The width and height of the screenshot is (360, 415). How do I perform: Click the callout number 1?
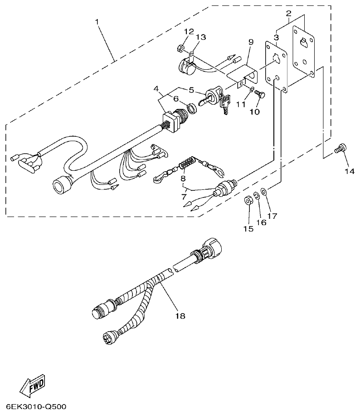point(97,21)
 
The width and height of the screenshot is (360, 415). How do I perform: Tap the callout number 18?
point(180,315)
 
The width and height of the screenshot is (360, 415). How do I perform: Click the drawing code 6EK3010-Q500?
point(36,406)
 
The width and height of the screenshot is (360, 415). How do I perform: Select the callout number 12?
point(189,31)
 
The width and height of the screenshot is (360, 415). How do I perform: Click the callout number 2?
point(288,14)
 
